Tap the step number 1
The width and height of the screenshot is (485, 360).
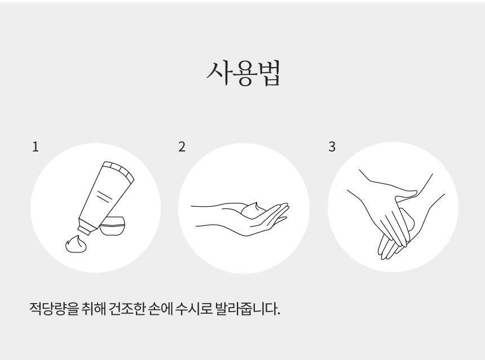(36, 147)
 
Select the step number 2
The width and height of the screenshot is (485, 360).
(182, 147)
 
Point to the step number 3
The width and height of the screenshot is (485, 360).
(332, 147)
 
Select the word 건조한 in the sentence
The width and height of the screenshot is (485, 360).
(127, 308)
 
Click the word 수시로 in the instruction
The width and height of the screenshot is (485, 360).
(193, 308)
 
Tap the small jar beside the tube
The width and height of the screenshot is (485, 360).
(113, 226)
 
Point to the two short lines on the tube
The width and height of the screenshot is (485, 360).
(104, 197)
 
